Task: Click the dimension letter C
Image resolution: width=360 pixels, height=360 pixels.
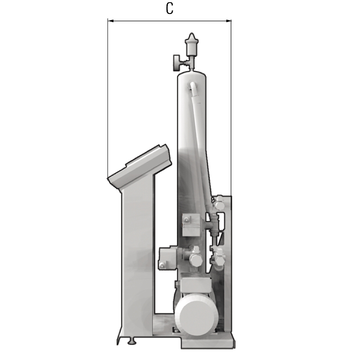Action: coord(170,9)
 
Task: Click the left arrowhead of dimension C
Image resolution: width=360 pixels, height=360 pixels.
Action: coord(110,21)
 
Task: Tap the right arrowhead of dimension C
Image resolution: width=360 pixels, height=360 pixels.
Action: coord(229,21)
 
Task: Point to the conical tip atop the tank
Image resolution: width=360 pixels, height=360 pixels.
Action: coord(192,37)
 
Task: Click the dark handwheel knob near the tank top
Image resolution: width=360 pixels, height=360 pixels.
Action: coord(176,63)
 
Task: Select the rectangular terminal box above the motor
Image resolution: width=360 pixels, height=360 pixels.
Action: coord(196,284)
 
